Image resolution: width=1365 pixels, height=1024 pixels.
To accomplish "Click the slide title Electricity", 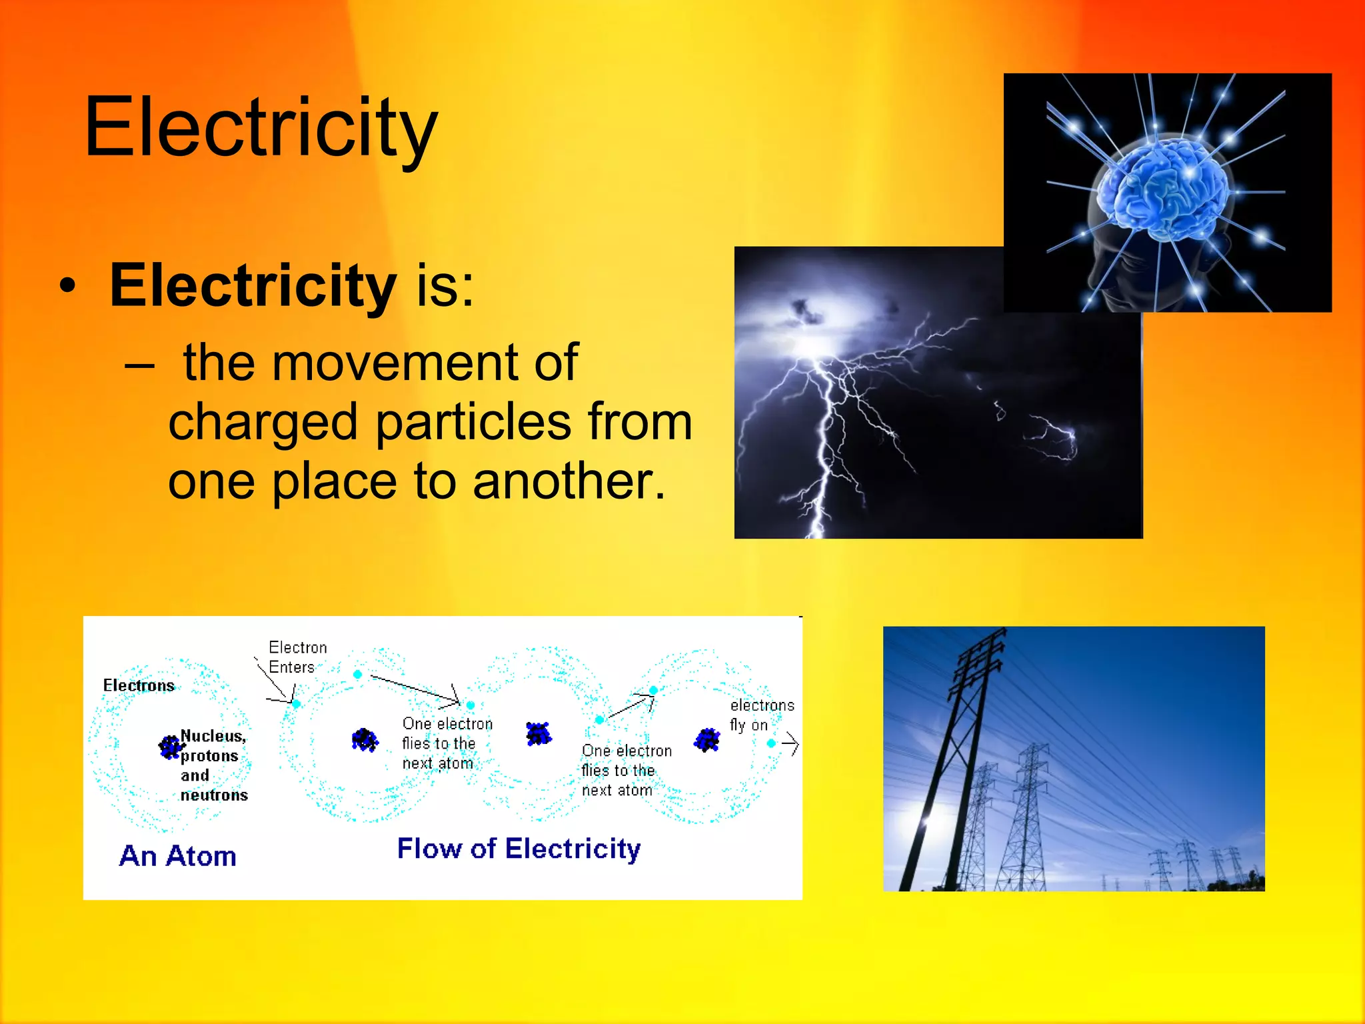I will tap(261, 128).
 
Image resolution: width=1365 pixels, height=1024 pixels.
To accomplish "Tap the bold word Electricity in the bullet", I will tap(253, 285).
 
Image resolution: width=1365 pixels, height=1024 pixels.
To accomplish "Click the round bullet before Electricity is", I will tap(67, 288).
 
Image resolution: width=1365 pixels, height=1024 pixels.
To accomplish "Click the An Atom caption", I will tap(178, 856).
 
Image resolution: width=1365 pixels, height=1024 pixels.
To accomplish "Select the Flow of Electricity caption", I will tap(519, 849).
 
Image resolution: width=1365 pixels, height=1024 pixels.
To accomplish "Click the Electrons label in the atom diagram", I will tap(139, 685).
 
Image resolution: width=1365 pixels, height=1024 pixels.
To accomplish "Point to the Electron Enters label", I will tap(297, 657).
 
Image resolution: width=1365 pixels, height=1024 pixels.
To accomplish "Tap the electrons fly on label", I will tap(761, 715).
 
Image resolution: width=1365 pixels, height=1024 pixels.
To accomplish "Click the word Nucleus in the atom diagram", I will tap(213, 736).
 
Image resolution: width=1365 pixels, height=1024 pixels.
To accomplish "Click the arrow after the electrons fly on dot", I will tap(790, 743).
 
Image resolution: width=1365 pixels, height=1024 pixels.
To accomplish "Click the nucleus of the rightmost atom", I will tap(707, 739).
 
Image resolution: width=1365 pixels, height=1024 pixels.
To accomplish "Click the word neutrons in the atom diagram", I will tap(214, 795).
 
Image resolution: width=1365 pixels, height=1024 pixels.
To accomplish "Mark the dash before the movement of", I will tap(140, 366).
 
